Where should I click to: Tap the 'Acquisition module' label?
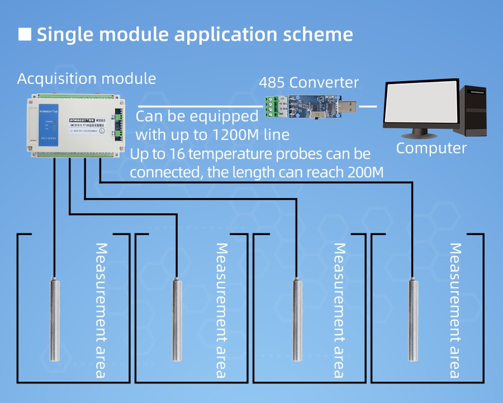[x=87, y=78]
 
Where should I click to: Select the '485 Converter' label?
[x=309, y=83]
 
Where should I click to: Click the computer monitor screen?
[x=420, y=106]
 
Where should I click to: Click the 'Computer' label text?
[x=431, y=148]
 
